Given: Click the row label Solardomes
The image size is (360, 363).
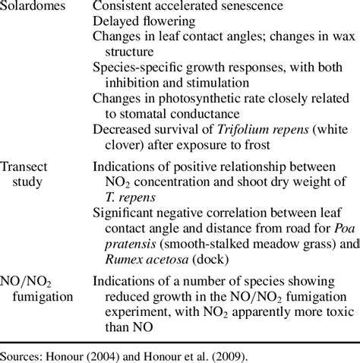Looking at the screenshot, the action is pos(37,7).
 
